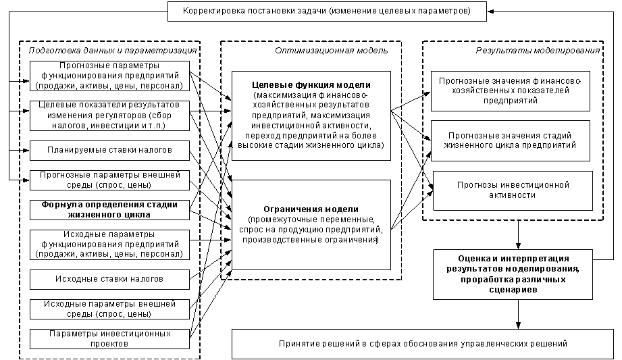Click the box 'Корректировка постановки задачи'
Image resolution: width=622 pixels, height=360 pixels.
(327, 11)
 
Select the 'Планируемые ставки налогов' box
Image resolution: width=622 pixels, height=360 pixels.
(109, 151)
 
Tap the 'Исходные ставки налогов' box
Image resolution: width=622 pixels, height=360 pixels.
(109, 280)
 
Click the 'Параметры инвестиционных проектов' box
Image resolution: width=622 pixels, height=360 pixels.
(109, 339)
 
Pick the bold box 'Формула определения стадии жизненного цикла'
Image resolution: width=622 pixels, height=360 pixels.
(109, 210)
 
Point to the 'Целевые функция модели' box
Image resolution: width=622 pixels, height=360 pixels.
(311, 116)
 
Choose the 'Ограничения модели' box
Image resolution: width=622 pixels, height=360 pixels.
(311, 225)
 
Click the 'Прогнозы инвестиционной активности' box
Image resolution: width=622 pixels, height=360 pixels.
(513, 190)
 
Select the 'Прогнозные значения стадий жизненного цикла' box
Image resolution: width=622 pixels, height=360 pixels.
(511, 141)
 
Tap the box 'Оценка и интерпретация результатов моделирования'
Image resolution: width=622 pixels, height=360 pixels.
(513, 274)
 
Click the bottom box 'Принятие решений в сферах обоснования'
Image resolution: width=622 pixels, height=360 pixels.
(423, 344)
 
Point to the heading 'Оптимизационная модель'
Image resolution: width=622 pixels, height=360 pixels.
(332, 51)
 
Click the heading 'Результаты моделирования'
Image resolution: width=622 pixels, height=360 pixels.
(538, 51)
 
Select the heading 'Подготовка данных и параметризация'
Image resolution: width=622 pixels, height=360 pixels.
(113, 51)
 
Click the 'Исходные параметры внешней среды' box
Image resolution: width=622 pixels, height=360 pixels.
(109, 309)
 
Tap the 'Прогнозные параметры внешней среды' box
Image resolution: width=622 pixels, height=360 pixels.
(109, 180)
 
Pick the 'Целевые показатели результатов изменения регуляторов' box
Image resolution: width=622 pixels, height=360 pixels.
(109, 115)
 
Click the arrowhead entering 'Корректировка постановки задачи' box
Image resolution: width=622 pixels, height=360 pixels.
(490, 11)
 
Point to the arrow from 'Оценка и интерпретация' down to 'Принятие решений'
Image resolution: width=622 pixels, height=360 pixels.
(518, 314)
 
